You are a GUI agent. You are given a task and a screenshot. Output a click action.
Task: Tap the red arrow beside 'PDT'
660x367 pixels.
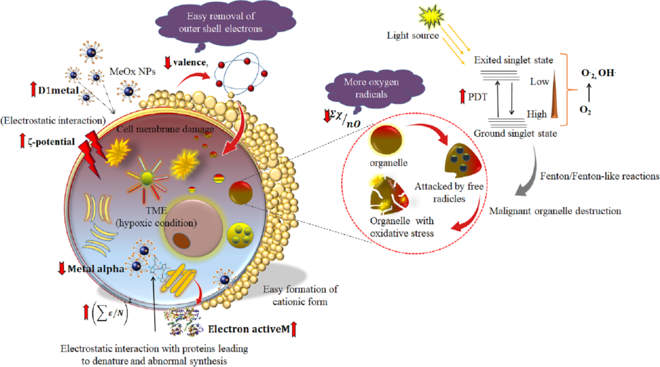(x=461, y=97)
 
